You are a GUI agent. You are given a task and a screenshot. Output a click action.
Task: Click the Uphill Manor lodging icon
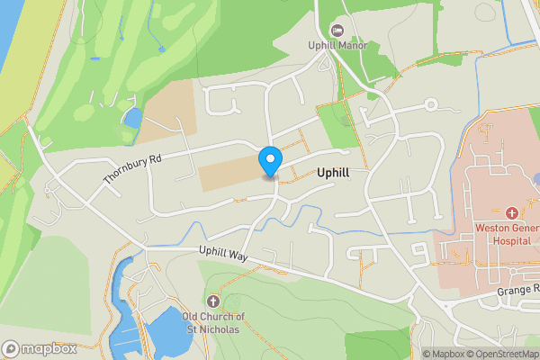click(x=337, y=31)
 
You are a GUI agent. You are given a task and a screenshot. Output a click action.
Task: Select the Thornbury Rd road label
click(x=131, y=168)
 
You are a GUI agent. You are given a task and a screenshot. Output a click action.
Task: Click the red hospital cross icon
click(x=512, y=213)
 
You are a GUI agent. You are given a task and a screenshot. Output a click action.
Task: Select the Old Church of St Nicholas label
click(x=213, y=322)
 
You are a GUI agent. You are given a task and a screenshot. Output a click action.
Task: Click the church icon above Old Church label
click(x=213, y=301)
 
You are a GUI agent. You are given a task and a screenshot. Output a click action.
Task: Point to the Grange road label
click(x=517, y=290)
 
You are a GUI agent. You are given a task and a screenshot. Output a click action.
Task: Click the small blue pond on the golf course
click(x=132, y=118)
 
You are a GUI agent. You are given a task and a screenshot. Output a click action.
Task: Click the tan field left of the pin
click(x=229, y=175)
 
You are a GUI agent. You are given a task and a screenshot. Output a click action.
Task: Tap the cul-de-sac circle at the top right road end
click(x=431, y=105)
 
